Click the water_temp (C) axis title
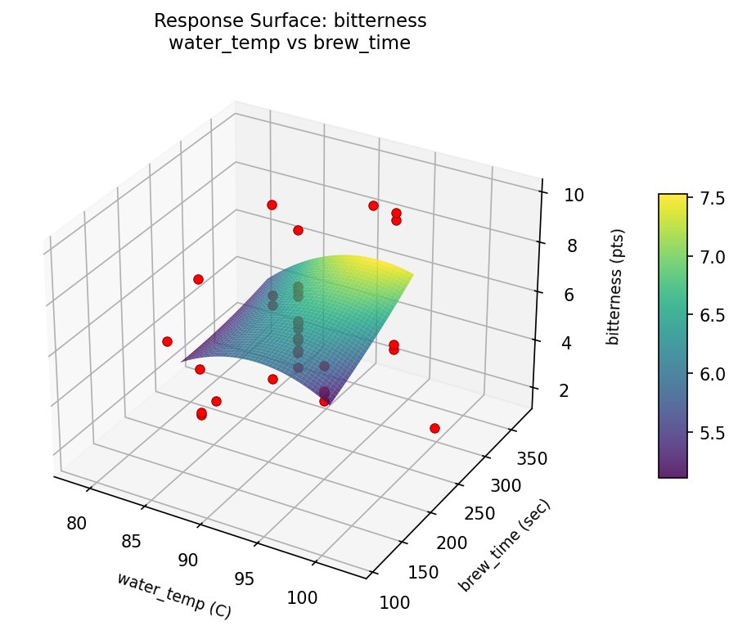173,594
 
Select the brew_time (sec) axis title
504,545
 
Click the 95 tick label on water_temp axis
245,579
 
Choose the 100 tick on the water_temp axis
303,598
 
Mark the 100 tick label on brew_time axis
396,603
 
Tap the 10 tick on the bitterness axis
574,195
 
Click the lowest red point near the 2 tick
434,428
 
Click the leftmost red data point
167,341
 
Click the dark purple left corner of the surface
187,358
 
